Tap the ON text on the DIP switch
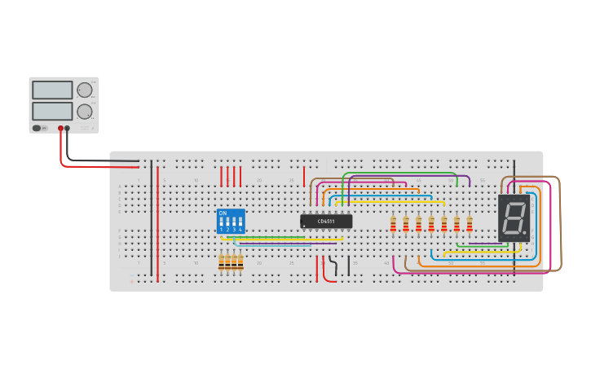pyautogui.click(x=223, y=213)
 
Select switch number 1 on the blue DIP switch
pyautogui.click(x=222, y=222)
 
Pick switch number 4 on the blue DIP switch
pyautogui.click(x=240, y=222)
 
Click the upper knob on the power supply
pyautogui.click(x=85, y=90)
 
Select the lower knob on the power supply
pyautogui.click(x=85, y=111)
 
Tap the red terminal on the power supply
pyautogui.click(x=60, y=128)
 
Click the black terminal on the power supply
pyautogui.click(x=68, y=128)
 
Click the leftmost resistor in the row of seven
pyautogui.click(x=393, y=223)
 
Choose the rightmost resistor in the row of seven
pyautogui.click(x=470, y=223)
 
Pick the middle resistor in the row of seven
pyautogui.click(x=431, y=223)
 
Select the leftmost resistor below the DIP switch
pyautogui.click(x=222, y=261)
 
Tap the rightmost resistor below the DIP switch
pyautogui.click(x=240, y=261)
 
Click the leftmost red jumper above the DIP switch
pyautogui.click(x=222, y=177)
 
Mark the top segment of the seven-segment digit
pyautogui.click(x=514, y=204)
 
